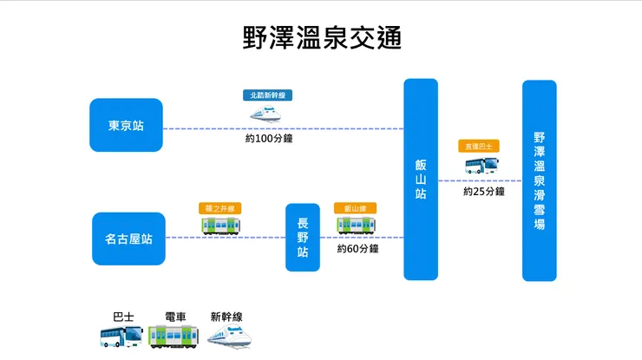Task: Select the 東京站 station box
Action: (126, 125)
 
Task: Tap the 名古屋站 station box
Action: (128, 239)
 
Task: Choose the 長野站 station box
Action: (303, 237)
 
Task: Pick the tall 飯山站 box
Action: (421, 180)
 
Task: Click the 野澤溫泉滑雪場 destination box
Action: (539, 180)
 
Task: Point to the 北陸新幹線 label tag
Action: (267, 95)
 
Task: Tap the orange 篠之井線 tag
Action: (221, 208)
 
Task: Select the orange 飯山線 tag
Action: (355, 208)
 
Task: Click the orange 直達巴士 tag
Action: (479, 147)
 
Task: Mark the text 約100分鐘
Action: (268, 138)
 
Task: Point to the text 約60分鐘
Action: (358, 249)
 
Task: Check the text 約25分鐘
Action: (483, 191)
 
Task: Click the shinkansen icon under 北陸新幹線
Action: (267, 113)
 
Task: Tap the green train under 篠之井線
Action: (221, 226)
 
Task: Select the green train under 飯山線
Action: (356, 226)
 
